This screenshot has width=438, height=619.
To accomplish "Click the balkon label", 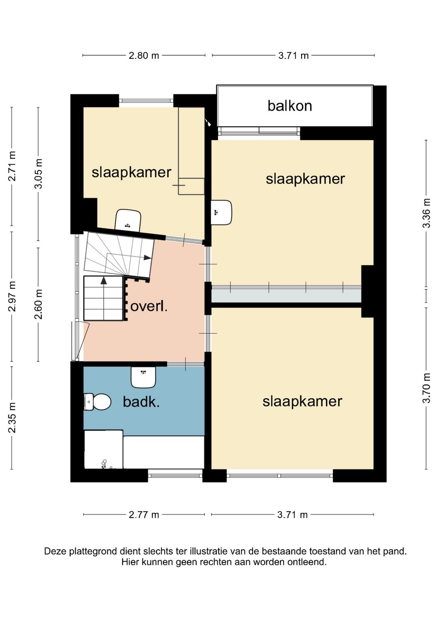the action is pyautogui.click(x=290, y=106).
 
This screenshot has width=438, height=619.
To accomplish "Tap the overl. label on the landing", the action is pyautogui.click(x=149, y=307).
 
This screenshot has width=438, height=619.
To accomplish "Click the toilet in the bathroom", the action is pyautogui.click(x=97, y=402).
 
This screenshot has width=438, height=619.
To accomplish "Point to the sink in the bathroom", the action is pyautogui.click(x=143, y=377).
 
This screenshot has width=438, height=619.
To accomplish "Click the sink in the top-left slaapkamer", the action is pyautogui.click(x=128, y=220).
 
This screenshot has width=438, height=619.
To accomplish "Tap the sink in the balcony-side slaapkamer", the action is pyautogui.click(x=221, y=213).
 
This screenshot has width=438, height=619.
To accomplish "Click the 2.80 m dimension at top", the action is pyautogui.click(x=144, y=56).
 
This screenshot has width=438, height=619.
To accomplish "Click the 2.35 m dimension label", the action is pyautogui.click(x=12, y=417).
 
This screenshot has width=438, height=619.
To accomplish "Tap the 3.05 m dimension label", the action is pyautogui.click(x=39, y=174).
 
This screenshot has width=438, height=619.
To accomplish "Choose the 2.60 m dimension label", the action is pyautogui.click(x=39, y=304).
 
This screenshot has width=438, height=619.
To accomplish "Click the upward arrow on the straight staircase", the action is pyautogui.click(x=104, y=298).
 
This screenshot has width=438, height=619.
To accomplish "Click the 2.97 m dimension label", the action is pyautogui.click(x=12, y=296).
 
